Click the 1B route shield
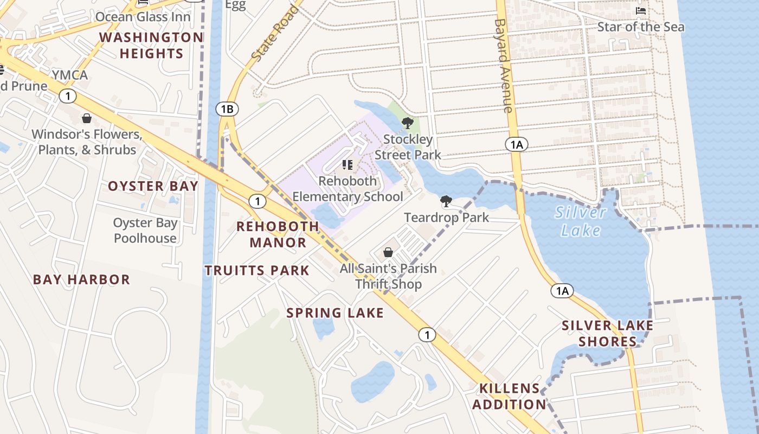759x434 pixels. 227,109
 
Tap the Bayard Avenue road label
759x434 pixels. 504,65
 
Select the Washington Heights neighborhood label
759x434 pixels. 151,46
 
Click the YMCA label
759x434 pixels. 70,75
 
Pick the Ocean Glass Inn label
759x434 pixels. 143,17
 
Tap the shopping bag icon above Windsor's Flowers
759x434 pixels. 87,118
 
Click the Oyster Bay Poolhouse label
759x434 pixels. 145,231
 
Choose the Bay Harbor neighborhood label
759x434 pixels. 82,280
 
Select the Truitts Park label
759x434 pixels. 257,270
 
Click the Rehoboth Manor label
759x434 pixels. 278,234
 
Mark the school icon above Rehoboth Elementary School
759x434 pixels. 348,164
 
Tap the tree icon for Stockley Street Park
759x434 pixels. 408,123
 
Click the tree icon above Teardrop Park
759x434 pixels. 446,202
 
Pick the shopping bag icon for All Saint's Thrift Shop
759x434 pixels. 388,252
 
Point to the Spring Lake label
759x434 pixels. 335,313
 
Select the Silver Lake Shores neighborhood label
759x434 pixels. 608,334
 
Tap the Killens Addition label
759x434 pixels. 510,397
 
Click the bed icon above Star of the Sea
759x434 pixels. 641,11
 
